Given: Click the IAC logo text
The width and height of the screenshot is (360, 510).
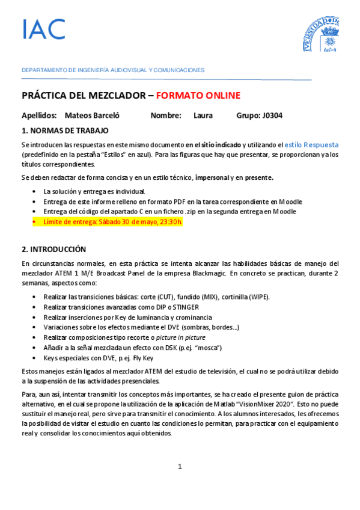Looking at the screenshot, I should click(43, 29).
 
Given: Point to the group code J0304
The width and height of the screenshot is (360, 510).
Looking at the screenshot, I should click(269, 115).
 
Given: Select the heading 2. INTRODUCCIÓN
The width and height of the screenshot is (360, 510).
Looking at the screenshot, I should click(54, 249).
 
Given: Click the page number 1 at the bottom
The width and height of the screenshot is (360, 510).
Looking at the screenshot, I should click(180, 467).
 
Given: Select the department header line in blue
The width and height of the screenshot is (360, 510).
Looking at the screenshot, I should click(113, 70).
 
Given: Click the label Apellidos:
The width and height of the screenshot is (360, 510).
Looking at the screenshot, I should click(39, 115).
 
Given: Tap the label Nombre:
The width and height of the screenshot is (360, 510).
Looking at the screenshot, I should click(166, 115).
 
